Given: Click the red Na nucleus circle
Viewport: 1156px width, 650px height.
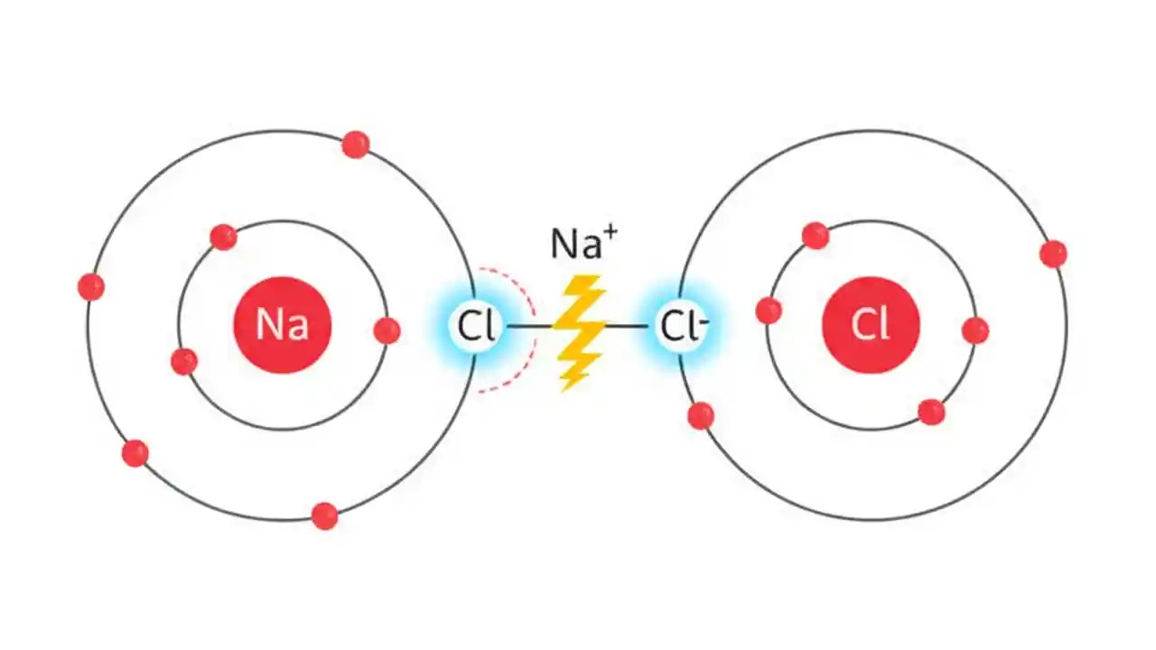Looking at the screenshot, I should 283,324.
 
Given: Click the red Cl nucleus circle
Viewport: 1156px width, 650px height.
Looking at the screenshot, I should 871,324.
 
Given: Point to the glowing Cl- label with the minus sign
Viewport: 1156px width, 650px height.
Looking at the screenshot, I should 682,326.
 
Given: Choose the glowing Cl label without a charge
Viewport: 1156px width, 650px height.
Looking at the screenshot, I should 475,326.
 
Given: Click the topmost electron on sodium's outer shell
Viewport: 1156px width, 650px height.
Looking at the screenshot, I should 356,144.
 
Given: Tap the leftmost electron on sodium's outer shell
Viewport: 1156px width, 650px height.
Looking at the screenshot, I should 90,287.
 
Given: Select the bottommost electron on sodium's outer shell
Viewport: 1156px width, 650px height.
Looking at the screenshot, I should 324,515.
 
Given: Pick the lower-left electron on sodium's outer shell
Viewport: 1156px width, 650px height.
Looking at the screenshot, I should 135,452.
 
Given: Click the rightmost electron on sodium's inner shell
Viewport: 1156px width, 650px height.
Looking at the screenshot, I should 387,330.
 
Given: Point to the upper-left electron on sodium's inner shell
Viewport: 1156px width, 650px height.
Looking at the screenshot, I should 223,237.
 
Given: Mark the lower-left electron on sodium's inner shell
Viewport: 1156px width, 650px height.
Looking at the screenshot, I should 184,361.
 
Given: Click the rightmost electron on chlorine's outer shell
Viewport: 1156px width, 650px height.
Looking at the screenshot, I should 1053,254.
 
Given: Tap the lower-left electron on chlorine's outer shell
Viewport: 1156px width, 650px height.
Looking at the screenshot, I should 701,415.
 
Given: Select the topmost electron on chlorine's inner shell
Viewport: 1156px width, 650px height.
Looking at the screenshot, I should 816,236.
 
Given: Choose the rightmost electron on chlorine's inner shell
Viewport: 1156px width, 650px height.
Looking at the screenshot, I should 975,330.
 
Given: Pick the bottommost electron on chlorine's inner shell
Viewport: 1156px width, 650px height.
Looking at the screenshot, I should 931,412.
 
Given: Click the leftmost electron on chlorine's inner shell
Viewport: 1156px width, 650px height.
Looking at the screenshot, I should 769,311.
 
